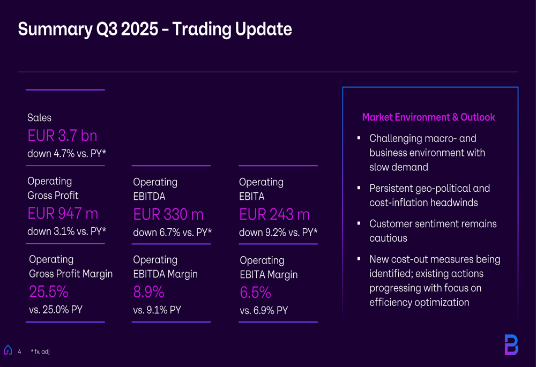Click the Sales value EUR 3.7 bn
tap(62, 136)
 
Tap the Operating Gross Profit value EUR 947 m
tap(63, 214)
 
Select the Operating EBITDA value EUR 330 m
tap(168, 215)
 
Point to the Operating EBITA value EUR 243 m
tap(274, 215)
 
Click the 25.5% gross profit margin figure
tap(48, 292)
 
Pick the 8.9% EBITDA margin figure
tap(148, 293)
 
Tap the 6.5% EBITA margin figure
tap(255, 293)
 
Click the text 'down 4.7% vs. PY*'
tap(66, 154)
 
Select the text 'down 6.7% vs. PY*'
tap(172, 233)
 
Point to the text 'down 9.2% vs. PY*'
tap(278, 233)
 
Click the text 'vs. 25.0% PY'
tap(56, 310)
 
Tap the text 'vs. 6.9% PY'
tap(264, 310)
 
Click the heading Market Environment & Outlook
tap(428, 117)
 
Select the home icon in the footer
tap(8, 350)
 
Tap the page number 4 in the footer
tap(19, 351)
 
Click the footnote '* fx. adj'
tap(40, 351)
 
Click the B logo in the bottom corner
tap(511, 344)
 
